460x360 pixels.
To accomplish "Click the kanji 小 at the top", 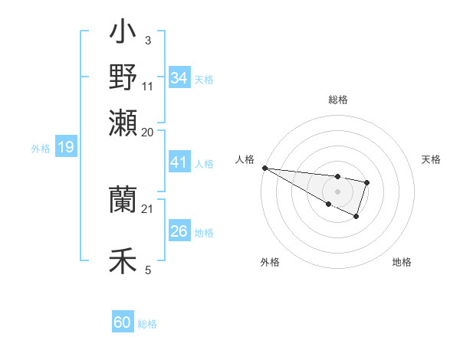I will pyautogui.click(x=123, y=34).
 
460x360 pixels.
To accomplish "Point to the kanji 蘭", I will pyautogui.click(x=123, y=200).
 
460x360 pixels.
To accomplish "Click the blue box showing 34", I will pyautogui.click(x=179, y=78).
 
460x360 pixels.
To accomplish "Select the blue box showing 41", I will pyautogui.click(x=179, y=163).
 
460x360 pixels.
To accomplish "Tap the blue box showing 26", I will pyautogui.click(x=179, y=231).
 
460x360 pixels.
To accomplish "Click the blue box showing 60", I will pyautogui.click(x=123, y=322).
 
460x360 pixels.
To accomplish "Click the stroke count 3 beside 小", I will pyautogui.click(x=147, y=40).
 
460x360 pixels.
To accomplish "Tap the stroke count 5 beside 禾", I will pyautogui.click(x=147, y=269).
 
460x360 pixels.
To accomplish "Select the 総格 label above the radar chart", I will pyautogui.click(x=337, y=100).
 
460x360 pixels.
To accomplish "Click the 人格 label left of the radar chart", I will pyautogui.click(x=245, y=159).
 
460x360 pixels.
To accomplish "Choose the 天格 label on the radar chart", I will pyautogui.click(x=431, y=159).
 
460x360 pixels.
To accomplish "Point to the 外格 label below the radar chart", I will pyautogui.click(x=270, y=262).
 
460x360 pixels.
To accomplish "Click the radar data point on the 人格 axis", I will pyautogui.click(x=264, y=168).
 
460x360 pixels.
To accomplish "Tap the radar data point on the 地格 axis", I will pyautogui.click(x=356, y=217).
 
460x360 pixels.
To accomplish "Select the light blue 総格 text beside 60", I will pyautogui.click(x=147, y=324).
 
